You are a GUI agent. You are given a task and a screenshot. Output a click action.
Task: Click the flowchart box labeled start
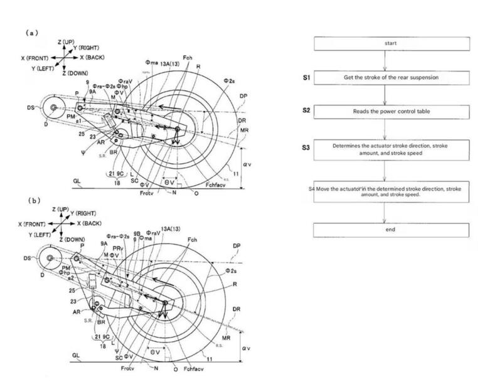point(386,43)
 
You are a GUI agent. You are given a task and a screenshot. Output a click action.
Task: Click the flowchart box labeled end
point(386,230)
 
